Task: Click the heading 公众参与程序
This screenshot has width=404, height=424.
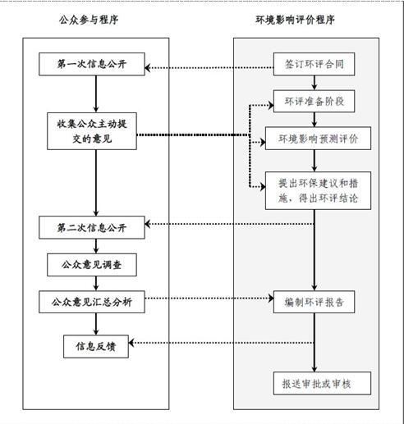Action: tap(89, 20)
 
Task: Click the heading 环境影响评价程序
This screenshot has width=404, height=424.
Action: tap(295, 20)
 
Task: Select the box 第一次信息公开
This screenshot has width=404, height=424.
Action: tap(92, 64)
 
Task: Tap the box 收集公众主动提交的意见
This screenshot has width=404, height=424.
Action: tap(92, 131)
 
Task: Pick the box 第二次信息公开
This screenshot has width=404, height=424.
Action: tap(92, 227)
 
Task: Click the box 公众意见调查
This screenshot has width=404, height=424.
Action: tap(92, 265)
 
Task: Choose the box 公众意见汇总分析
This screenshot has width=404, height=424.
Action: tap(92, 302)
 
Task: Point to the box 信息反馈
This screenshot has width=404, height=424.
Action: tap(96, 346)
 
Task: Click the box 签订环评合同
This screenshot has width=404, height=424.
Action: tap(314, 64)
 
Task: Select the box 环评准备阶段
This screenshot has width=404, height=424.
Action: tap(314, 101)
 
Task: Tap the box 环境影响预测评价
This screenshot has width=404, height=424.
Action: tap(318, 139)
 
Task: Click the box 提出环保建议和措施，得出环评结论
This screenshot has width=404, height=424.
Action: tap(318, 190)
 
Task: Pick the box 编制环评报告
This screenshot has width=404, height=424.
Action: tap(314, 302)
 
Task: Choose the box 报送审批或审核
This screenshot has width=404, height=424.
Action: tap(322, 383)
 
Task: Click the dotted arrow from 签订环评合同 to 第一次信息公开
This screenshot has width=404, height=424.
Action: tap(209, 67)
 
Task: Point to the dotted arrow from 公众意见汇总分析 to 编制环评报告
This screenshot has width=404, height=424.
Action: tap(209, 298)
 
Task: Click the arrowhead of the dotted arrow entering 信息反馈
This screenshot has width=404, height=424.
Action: tap(131, 343)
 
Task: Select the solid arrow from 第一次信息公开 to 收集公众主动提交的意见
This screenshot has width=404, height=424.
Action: tap(96, 93)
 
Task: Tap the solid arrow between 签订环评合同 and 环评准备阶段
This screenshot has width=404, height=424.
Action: tap(314, 83)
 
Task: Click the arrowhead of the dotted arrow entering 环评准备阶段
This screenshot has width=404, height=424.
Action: tap(271, 105)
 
